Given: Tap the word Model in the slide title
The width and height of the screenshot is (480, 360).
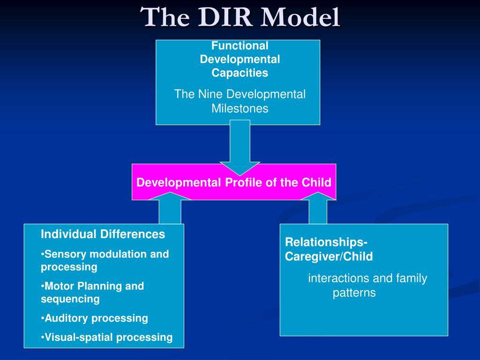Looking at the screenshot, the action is click(x=300, y=17).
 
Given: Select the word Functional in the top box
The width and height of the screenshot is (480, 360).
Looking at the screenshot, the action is click(x=240, y=45).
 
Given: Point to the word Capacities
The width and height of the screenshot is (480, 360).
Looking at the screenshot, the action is click(x=240, y=73).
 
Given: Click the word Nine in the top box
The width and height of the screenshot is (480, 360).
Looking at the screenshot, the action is click(x=210, y=94).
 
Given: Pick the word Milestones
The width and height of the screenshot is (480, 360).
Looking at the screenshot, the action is click(x=240, y=108).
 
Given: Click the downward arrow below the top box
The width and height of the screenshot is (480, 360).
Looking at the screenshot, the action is click(x=240, y=148).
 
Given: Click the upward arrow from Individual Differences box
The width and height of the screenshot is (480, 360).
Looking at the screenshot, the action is click(x=170, y=208).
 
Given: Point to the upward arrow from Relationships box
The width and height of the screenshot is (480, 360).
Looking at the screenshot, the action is click(x=318, y=208).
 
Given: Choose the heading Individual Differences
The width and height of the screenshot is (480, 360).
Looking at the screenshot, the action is click(x=103, y=234).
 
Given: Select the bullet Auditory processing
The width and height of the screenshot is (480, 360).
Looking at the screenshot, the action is click(x=94, y=318).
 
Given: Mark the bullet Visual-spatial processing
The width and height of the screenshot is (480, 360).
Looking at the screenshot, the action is click(x=106, y=337).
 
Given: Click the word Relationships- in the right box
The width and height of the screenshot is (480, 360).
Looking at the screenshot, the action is click(x=326, y=242).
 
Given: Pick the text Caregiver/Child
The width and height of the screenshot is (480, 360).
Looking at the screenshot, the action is click(x=329, y=256).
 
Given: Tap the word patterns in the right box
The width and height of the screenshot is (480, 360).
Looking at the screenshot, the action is click(x=354, y=293).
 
